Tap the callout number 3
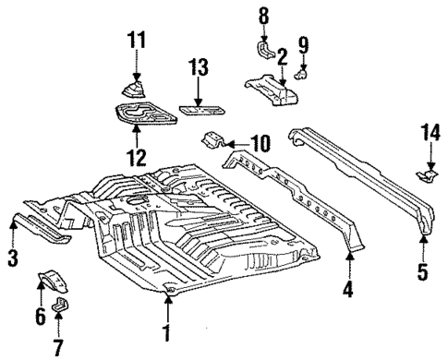[12, 258]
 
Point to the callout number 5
[422, 272]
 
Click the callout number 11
[136, 40]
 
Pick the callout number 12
[136, 157]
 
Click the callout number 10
[259, 142]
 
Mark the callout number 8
[262, 15]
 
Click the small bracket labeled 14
[427, 174]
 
